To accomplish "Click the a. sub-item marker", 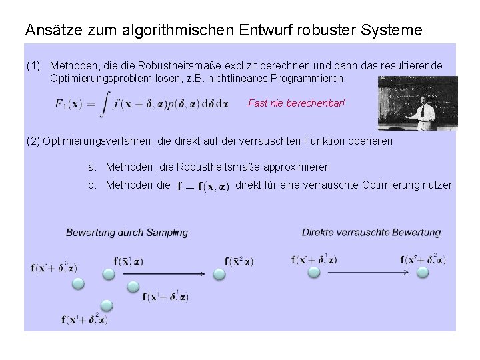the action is pos(93,167).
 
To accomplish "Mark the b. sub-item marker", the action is pos(93,185).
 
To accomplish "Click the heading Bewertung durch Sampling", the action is pos(127,233).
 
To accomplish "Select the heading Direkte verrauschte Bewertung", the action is pos(371,233).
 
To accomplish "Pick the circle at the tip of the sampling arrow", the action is pos(219,273).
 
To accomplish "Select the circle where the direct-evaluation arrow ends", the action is pos(422,273).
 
